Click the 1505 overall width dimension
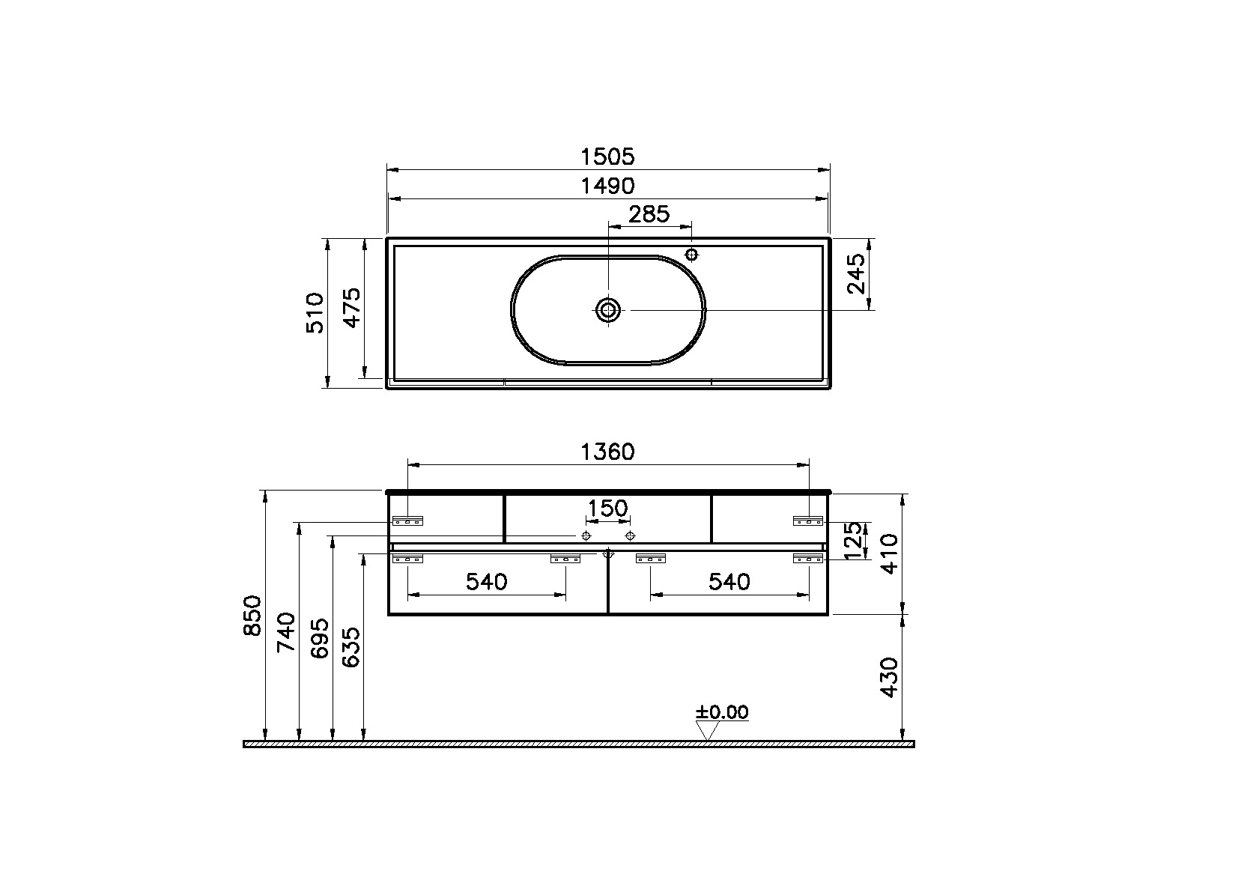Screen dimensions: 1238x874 (607, 157)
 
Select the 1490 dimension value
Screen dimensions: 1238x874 (607, 186)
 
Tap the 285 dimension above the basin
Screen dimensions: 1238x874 (649, 214)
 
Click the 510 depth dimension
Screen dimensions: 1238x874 (315, 313)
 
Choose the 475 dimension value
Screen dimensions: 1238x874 (352, 308)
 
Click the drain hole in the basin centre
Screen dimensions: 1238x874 (608, 310)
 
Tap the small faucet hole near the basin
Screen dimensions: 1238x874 (691, 255)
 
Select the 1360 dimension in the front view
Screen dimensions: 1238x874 (607, 452)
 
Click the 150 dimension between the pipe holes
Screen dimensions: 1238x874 (607, 508)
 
